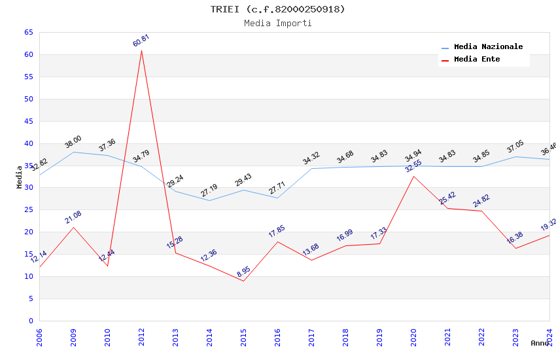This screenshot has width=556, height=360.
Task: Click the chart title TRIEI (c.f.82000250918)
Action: (277, 9)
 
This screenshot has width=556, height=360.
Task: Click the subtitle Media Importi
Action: (277, 24)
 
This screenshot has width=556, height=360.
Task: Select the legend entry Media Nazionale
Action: (488, 47)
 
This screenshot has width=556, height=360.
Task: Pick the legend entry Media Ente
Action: (477, 60)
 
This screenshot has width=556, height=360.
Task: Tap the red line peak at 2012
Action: (141, 50)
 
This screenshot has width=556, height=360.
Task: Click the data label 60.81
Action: (141, 41)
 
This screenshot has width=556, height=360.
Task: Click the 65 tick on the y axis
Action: (28, 32)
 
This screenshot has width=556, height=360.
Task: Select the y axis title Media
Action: (20, 177)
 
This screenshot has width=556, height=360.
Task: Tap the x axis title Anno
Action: (540, 343)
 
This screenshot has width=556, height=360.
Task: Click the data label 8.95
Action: (243, 271)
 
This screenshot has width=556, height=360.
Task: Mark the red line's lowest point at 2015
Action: (243, 281)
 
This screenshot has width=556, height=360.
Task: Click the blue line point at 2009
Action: (73, 152)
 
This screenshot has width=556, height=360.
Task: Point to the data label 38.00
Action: (73, 142)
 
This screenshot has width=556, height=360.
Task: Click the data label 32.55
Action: (413, 166)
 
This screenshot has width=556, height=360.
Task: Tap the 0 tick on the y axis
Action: (31, 321)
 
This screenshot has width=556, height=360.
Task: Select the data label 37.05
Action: (515, 147)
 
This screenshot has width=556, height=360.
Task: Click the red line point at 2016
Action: (277, 242)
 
